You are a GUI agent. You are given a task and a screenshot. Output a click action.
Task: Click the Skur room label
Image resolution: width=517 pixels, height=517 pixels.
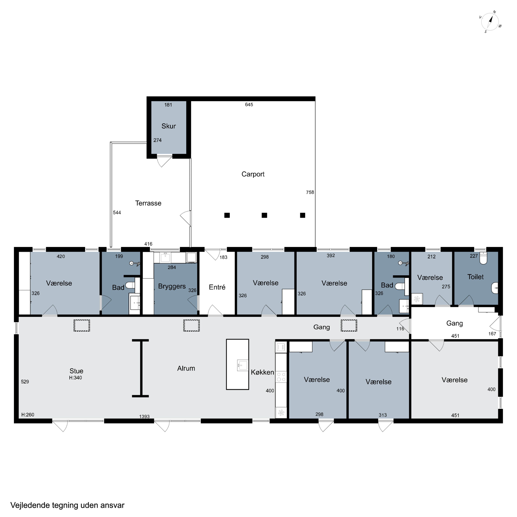click(x=169, y=126)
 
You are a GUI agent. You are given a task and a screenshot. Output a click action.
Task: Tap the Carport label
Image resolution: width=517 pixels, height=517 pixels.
click(x=253, y=174)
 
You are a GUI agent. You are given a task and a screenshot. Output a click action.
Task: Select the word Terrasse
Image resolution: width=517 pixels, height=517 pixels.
click(x=148, y=203)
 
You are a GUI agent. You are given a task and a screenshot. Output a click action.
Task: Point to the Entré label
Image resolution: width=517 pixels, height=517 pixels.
click(x=217, y=287)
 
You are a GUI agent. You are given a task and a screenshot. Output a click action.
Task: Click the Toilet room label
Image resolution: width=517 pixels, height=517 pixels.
click(x=475, y=277)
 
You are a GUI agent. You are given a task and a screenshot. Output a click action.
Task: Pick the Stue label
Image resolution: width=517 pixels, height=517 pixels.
click(x=76, y=371)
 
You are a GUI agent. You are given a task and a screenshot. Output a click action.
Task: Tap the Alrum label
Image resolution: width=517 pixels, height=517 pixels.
click(x=186, y=368)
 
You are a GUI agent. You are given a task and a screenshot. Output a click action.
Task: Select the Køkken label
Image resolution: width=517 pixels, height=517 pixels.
click(x=262, y=372)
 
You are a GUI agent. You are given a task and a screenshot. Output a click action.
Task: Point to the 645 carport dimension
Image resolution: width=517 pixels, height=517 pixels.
click(x=249, y=105)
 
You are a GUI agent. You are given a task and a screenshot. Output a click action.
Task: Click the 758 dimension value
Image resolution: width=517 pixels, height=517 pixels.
click(x=310, y=192)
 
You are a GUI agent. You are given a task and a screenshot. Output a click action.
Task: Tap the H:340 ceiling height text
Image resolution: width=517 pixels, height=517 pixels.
click(x=75, y=378)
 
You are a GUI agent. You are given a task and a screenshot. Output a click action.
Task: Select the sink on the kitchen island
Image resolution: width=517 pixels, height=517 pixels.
click(x=242, y=365)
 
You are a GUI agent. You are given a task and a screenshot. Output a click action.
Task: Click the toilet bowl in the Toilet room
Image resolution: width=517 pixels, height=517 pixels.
click(x=483, y=258)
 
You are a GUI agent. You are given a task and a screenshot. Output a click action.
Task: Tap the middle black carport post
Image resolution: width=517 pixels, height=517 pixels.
click(x=264, y=215)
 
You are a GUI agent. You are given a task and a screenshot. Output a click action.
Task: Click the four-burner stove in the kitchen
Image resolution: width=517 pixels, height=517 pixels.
click(x=281, y=377)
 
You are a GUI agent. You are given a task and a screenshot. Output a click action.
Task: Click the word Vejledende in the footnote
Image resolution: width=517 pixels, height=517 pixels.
click(x=30, y=505)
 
